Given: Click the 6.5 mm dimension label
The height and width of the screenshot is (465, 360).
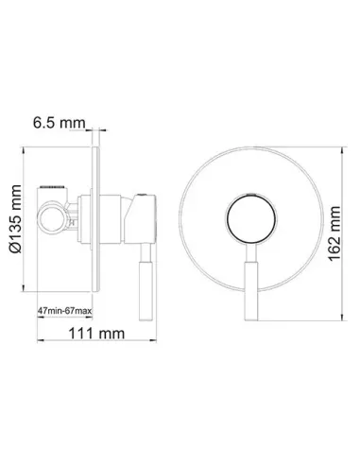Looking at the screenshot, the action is click(60, 123).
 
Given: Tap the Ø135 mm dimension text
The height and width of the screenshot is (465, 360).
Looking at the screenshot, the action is click(16, 219).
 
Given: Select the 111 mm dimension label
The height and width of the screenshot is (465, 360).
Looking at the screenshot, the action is click(96, 334).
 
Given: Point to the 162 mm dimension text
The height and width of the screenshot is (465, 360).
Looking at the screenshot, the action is click(334, 233).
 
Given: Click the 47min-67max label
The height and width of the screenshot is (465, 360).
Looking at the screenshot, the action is click(64, 311).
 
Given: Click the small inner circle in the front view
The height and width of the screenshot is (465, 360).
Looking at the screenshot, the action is click(251, 218).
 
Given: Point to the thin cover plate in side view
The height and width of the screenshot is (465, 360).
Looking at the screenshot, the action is click(96, 219).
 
